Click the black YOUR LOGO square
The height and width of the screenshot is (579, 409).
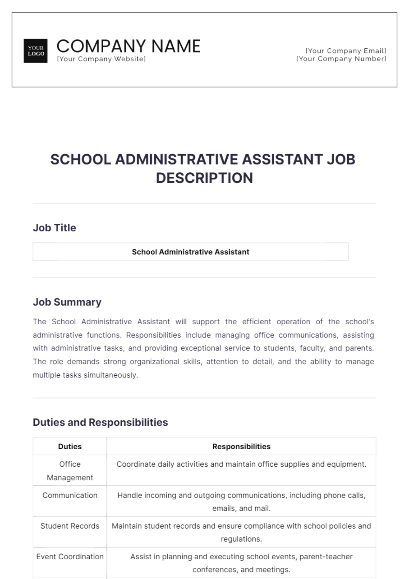(x=35, y=51)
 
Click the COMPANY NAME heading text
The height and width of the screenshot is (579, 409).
(x=128, y=46)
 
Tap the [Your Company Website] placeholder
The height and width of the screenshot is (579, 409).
(x=101, y=59)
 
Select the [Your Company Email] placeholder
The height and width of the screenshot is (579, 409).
(x=346, y=51)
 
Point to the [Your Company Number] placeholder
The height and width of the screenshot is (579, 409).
(x=341, y=59)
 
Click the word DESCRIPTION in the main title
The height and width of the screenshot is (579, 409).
(x=204, y=178)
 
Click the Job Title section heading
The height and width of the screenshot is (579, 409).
(x=55, y=228)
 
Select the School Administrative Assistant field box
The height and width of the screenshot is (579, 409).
(x=190, y=252)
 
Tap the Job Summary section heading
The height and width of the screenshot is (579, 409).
(x=67, y=302)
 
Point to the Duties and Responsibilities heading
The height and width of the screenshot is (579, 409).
(x=100, y=422)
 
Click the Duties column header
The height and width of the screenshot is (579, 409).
(x=70, y=446)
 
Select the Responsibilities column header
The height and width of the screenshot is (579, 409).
(x=241, y=446)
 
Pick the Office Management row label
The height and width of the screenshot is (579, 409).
(x=70, y=471)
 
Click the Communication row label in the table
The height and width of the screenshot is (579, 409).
(x=70, y=495)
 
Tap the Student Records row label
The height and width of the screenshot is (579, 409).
(x=70, y=526)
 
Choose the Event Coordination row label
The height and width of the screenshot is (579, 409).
(x=70, y=557)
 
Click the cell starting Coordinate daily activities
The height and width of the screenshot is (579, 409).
(x=241, y=464)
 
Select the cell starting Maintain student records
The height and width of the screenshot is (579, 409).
(x=241, y=532)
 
